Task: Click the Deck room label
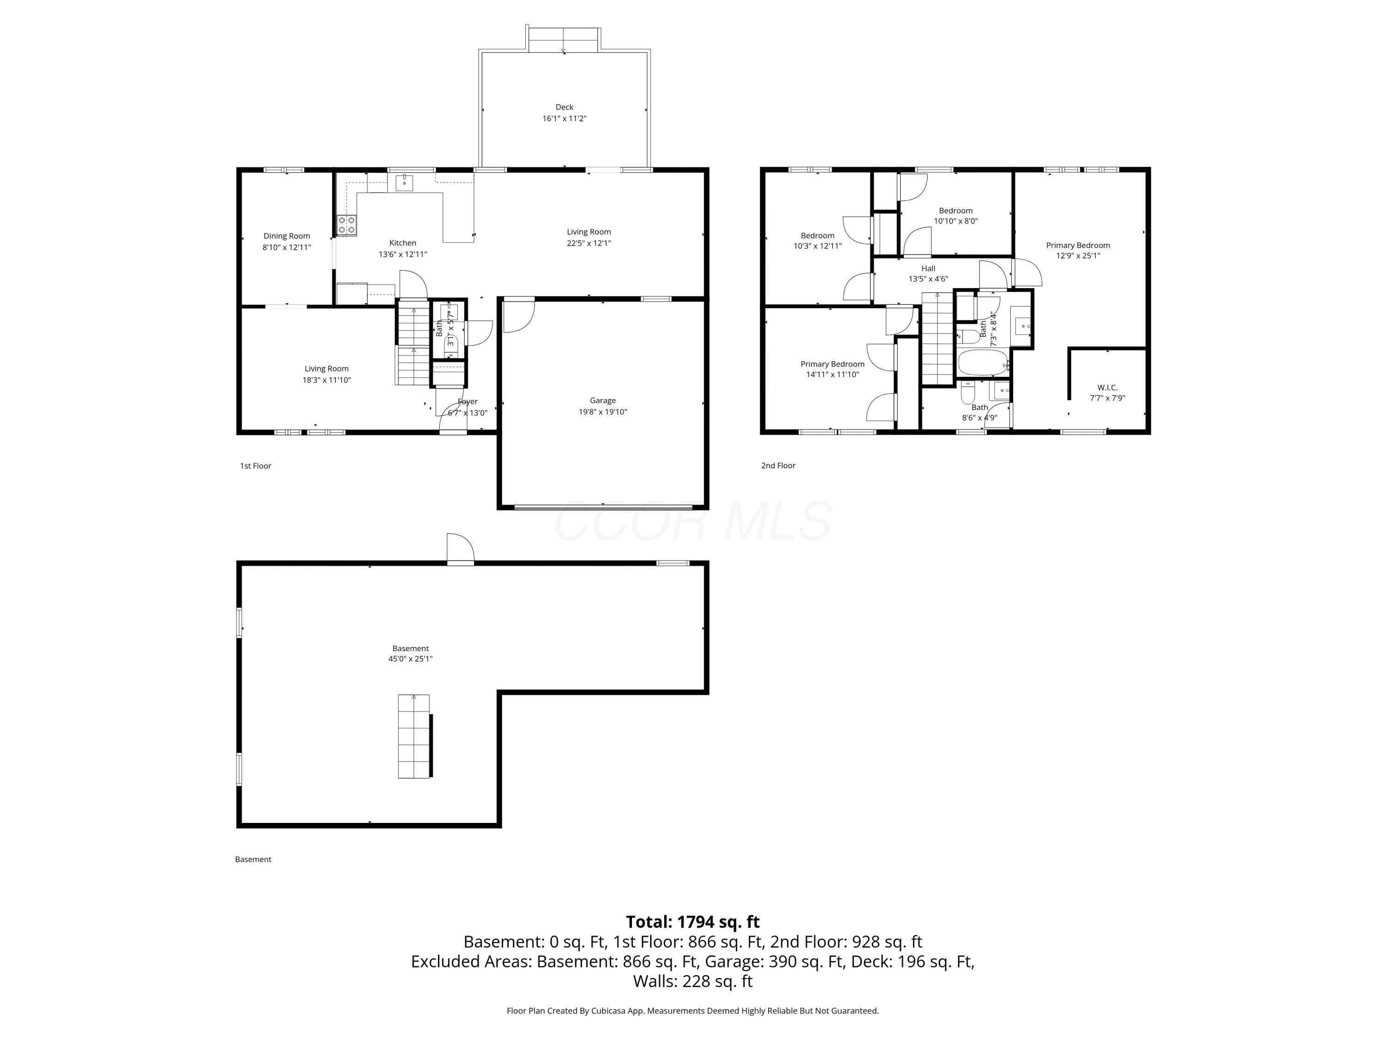564,107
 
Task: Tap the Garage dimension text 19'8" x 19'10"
603,412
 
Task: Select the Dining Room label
286,236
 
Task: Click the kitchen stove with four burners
347,225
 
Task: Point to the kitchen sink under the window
404,183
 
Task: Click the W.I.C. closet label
1107,388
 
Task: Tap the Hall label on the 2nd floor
928,269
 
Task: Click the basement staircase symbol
414,736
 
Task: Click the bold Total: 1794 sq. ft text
693,922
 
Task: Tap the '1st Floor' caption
255,466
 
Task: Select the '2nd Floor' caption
778,465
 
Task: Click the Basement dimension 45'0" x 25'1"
410,659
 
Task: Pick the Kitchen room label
402,243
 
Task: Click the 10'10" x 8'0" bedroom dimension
955,221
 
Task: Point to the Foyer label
468,401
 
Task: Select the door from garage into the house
519,315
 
